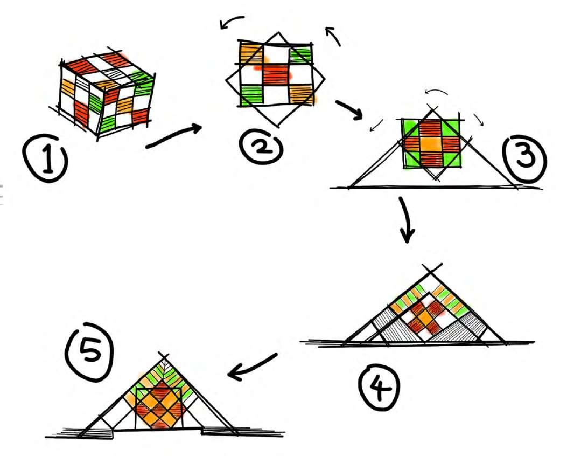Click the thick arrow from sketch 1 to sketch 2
point(173,136)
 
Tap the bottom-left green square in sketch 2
point(251,93)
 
